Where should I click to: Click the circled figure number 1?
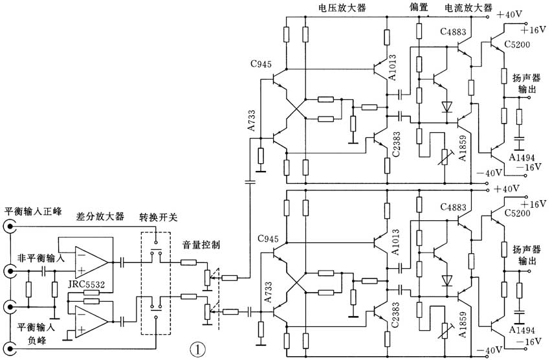pyautogui.click(x=199, y=348)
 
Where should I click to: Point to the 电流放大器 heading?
pyautogui.click(x=467, y=7)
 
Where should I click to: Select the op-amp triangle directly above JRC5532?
pyautogui.click(x=91, y=262)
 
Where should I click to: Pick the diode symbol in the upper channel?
pyautogui.click(x=445, y=106)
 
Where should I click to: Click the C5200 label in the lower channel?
pyautogui.click(x=517, y=223)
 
